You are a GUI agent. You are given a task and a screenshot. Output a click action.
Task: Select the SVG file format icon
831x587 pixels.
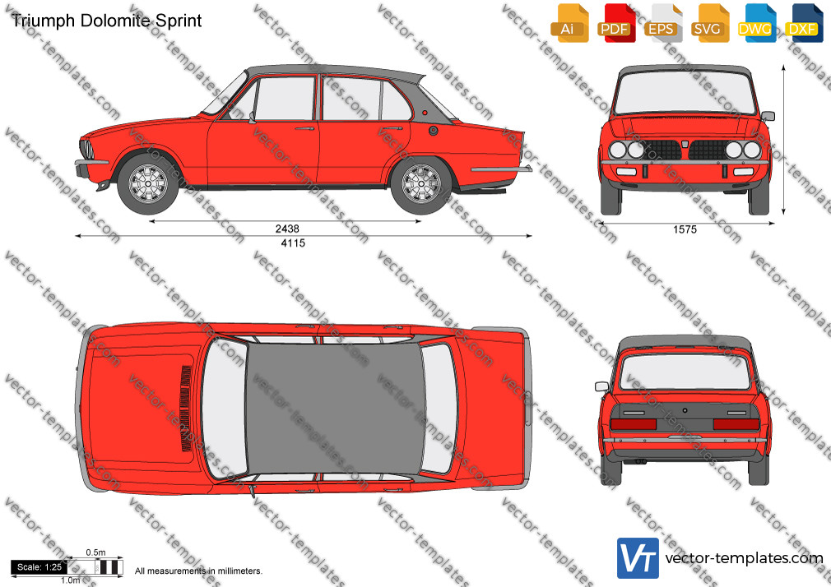710,23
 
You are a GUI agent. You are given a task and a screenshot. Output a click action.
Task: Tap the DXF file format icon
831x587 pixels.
804,23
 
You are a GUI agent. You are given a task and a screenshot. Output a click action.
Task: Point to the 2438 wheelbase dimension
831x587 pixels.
287,229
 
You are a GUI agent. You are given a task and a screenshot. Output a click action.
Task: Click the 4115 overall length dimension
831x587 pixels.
293,243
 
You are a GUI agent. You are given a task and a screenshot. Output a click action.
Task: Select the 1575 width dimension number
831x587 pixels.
685,229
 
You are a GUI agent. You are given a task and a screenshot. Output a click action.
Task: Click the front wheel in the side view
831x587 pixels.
148,184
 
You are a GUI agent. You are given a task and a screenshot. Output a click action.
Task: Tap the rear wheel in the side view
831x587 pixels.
421,184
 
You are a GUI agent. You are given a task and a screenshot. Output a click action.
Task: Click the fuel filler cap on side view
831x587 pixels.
433,131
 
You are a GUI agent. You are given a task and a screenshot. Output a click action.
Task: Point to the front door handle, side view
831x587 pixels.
304,128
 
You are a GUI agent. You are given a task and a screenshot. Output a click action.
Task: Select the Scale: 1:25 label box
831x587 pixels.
39,567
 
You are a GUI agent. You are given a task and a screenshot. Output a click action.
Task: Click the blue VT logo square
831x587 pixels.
638,558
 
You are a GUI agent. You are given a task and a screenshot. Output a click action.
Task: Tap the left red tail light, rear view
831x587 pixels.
634,424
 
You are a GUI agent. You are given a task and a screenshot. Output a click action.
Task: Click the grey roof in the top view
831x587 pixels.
335,409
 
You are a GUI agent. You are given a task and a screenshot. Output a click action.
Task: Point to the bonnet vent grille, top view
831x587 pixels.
186,409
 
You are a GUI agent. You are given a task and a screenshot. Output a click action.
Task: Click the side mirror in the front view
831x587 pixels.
768,116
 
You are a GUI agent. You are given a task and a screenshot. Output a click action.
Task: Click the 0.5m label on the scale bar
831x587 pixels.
95,552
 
